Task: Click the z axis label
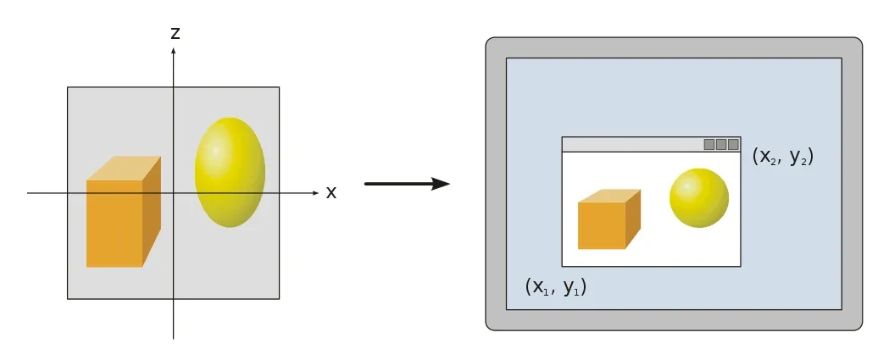[x=175, y=33]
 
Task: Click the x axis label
[x=331, y=193]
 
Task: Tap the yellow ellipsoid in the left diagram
[x=230, y=172]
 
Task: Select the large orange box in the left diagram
[x=114, y=222]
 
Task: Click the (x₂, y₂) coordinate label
[x=782, y=157]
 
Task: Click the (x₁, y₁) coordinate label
[x=556, y=286]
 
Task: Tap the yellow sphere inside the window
[x=698, y=198]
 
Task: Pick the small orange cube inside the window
[x=602, y=225]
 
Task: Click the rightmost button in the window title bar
[x=733, y=145]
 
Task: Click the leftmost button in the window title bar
[x=709, y=145]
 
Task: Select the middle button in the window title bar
[x=721, y=145]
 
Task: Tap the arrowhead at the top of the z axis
[x=174, y=51]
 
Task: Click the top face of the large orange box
[x=125, y=168]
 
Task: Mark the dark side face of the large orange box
[x=151, y=212]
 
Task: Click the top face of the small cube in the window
[x=609, y=196]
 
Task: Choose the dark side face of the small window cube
[x=632, y=219]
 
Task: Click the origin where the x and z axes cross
[x=174, y=193]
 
